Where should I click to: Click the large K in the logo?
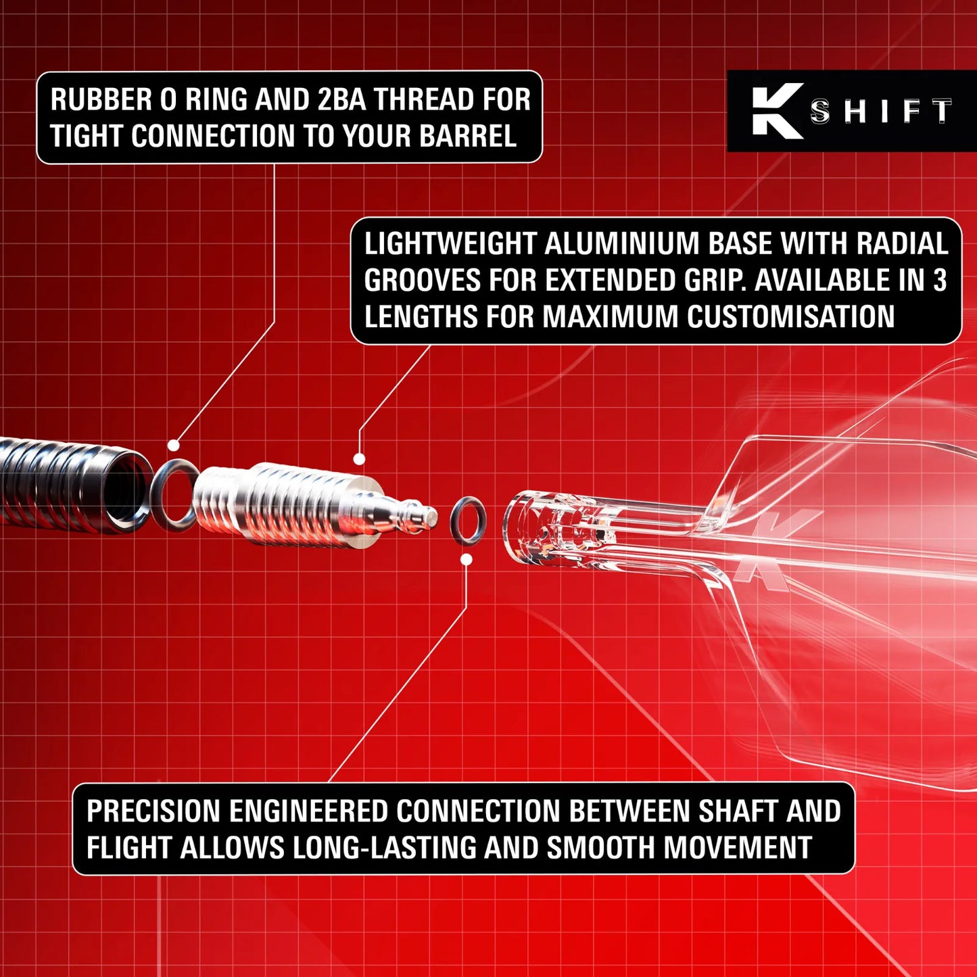coord(778,111)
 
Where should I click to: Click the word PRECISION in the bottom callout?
coord(153,811)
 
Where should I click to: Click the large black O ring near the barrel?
coord(174,494)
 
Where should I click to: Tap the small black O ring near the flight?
coord(468,521)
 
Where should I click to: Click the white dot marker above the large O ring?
coord(174,446)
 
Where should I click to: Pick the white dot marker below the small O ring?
coord(467,560)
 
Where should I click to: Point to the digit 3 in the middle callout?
coord(940,281)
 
